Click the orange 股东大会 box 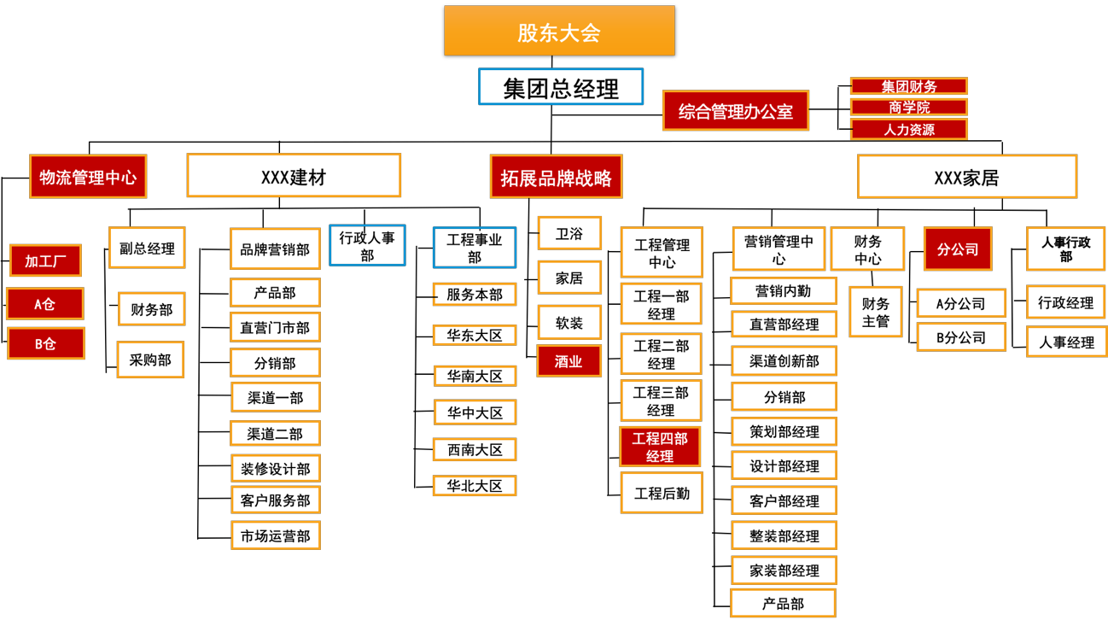point(559,32)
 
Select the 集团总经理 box point(560,87)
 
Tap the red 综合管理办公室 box point(735,111)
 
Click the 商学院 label point(908,108)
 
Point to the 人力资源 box point(908,130)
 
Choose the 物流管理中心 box point(88,177)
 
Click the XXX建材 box point(294,176)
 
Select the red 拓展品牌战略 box point(556,177)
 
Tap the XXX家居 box point(966,177)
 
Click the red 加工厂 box point(45,260)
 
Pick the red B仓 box point(45,343)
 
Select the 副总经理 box point(147,249)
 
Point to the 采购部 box point(150,360)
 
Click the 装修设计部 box point(275,468)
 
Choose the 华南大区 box point(475,376)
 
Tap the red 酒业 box point(569,361)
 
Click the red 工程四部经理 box point(660,447)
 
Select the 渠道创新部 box point(784,361)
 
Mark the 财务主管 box point(876,312)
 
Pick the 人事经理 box point(1066,342)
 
